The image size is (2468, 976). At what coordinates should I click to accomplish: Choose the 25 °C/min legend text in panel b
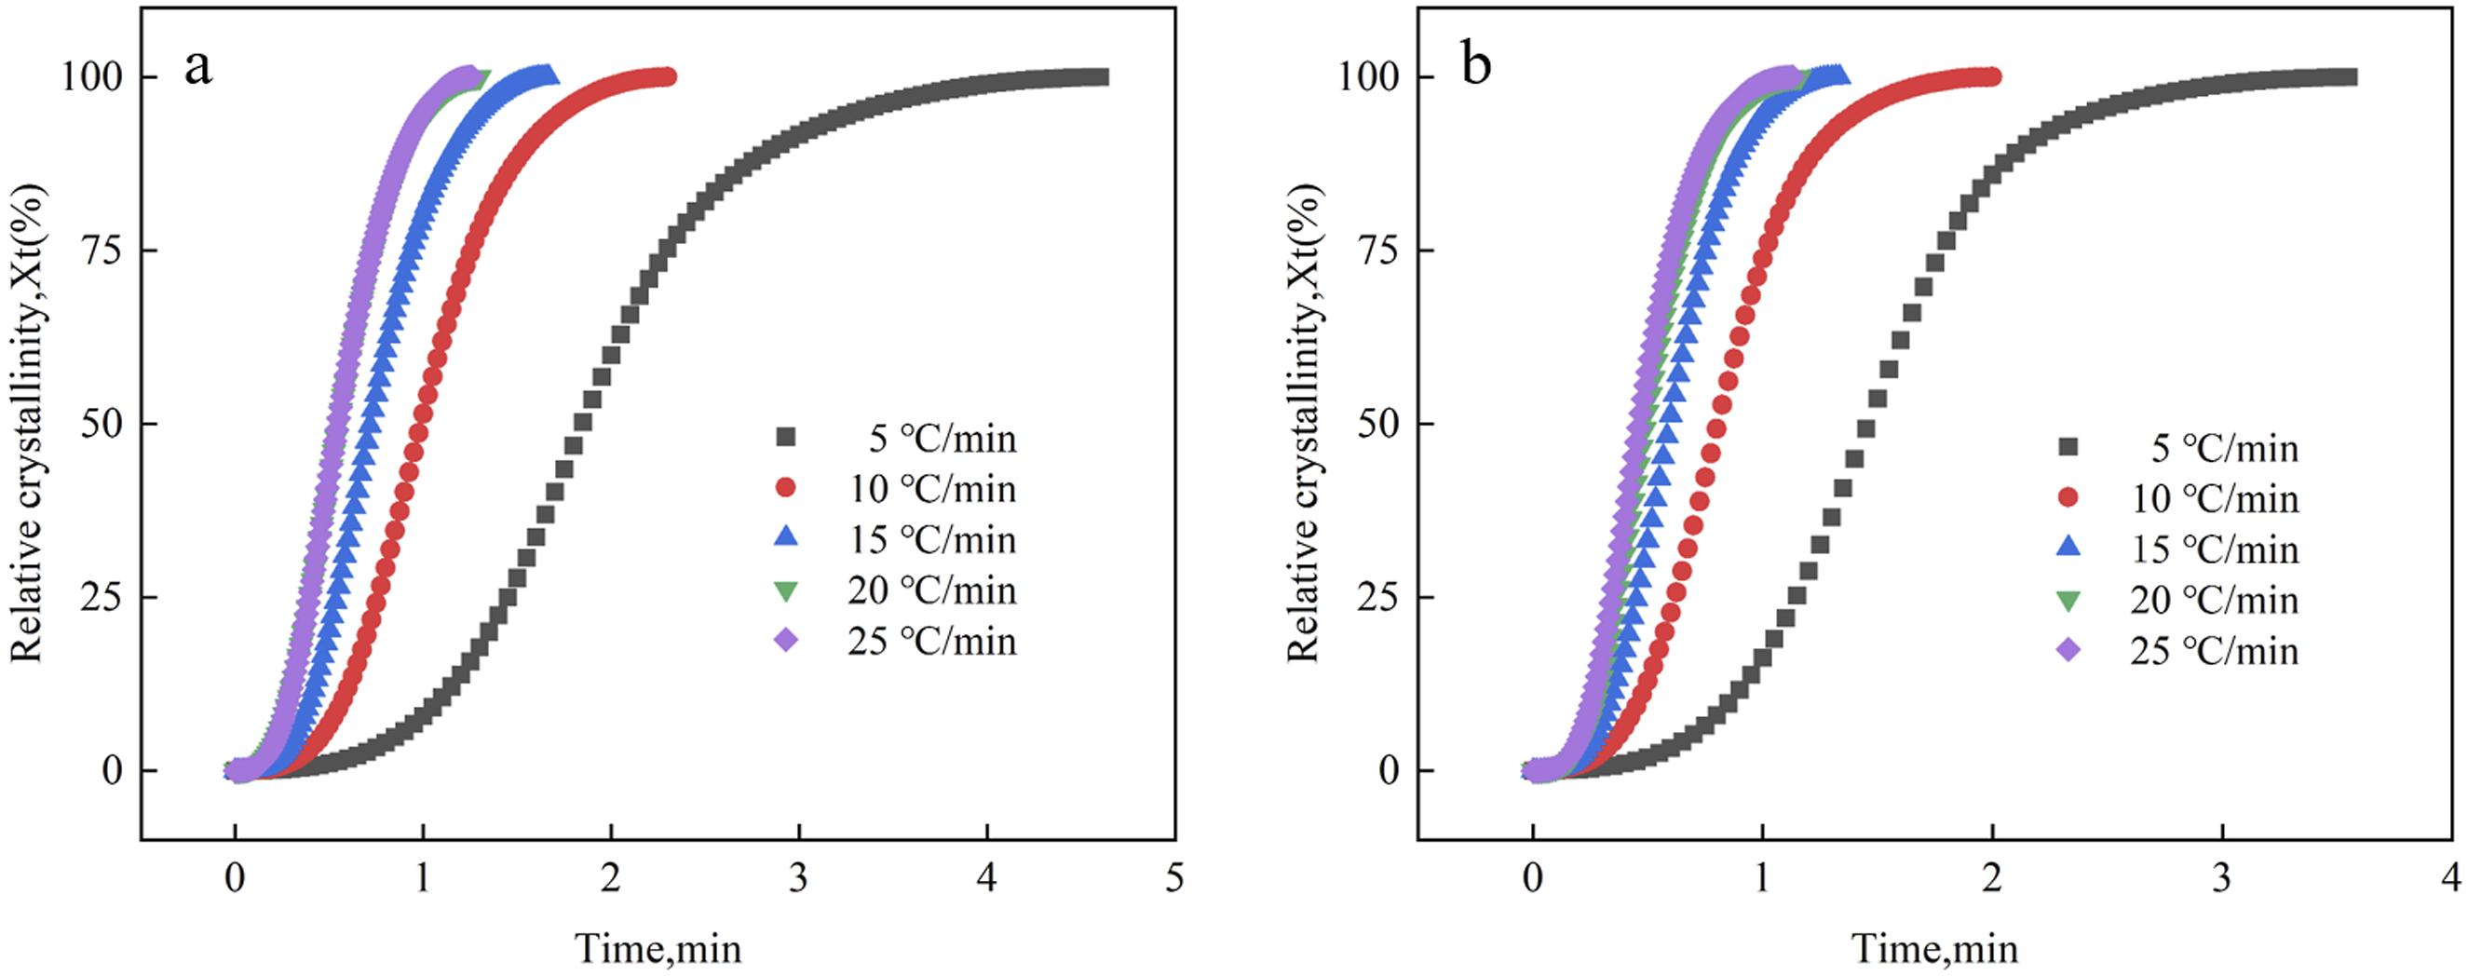[x=2214, y=651]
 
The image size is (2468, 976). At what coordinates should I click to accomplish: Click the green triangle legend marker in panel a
[x=786, y=591]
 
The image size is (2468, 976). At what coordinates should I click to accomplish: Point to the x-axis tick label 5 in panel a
[x=1174, y=877]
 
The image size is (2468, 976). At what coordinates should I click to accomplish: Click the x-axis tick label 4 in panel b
[x=2450, y=877]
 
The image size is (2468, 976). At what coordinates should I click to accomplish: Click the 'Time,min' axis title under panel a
[x=658, y=948]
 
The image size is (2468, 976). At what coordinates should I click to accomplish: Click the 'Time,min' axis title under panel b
[x=1935, y=948]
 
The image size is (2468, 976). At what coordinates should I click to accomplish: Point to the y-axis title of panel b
[x=1304, y=423]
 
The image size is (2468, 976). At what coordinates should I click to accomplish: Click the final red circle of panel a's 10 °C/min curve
[x=668, y=76]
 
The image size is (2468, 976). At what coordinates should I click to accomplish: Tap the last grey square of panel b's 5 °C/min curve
[x=2348, y=76]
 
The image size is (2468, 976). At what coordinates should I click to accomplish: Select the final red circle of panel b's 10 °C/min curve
[x=1992, y=76]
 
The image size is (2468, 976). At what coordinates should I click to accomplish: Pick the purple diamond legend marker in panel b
[x=2068, y=649]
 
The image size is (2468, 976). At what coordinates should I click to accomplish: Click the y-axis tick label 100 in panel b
[x=1369, y=77]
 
